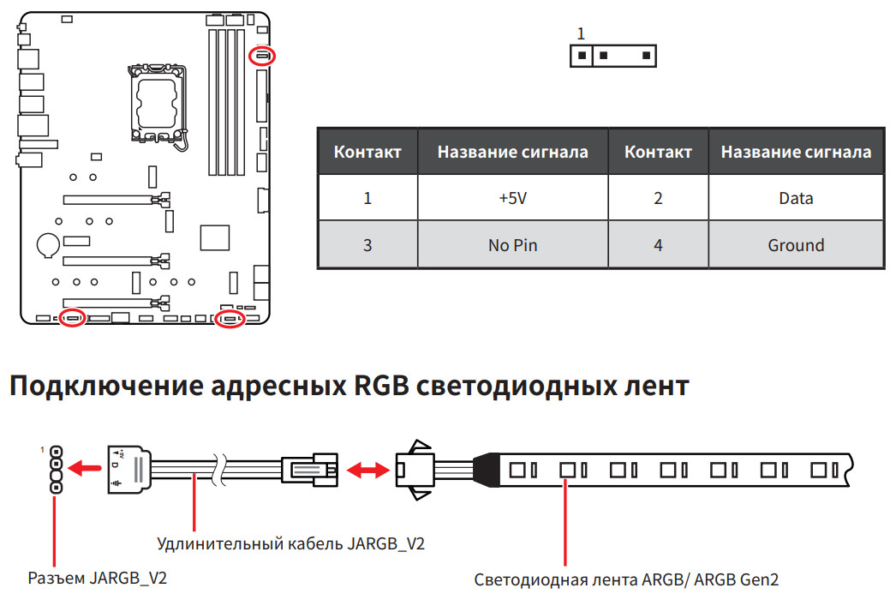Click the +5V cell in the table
tap(512, 198)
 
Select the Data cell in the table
tap(795, 198)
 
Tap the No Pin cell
tap(512, 245)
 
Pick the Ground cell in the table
tap(795, 245)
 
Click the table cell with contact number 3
tap(367, 245)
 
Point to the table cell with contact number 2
tap(658, 198)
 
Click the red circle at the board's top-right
tap(262, 57)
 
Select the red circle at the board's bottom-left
tap(72, 319)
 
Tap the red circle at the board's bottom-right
tap(230, 319)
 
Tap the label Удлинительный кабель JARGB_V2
tap(291, 543)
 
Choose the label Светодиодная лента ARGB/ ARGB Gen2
tap(626, 579)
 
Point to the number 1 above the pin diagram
tap(581, 34)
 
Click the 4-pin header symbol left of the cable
tap(57, 469)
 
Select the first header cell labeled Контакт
tap(367, 153)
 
